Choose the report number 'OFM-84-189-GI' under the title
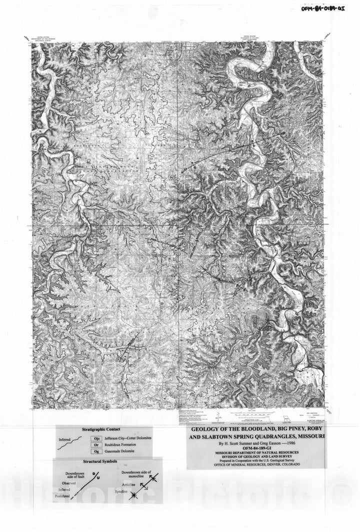tap(256, 448)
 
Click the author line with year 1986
tap(256, 443)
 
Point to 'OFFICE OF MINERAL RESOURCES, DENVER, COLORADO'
tap(256, 465)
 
